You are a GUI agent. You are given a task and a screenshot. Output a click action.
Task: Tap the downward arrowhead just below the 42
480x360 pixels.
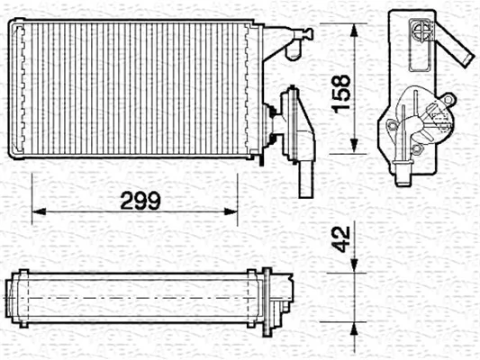point(357,263)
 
